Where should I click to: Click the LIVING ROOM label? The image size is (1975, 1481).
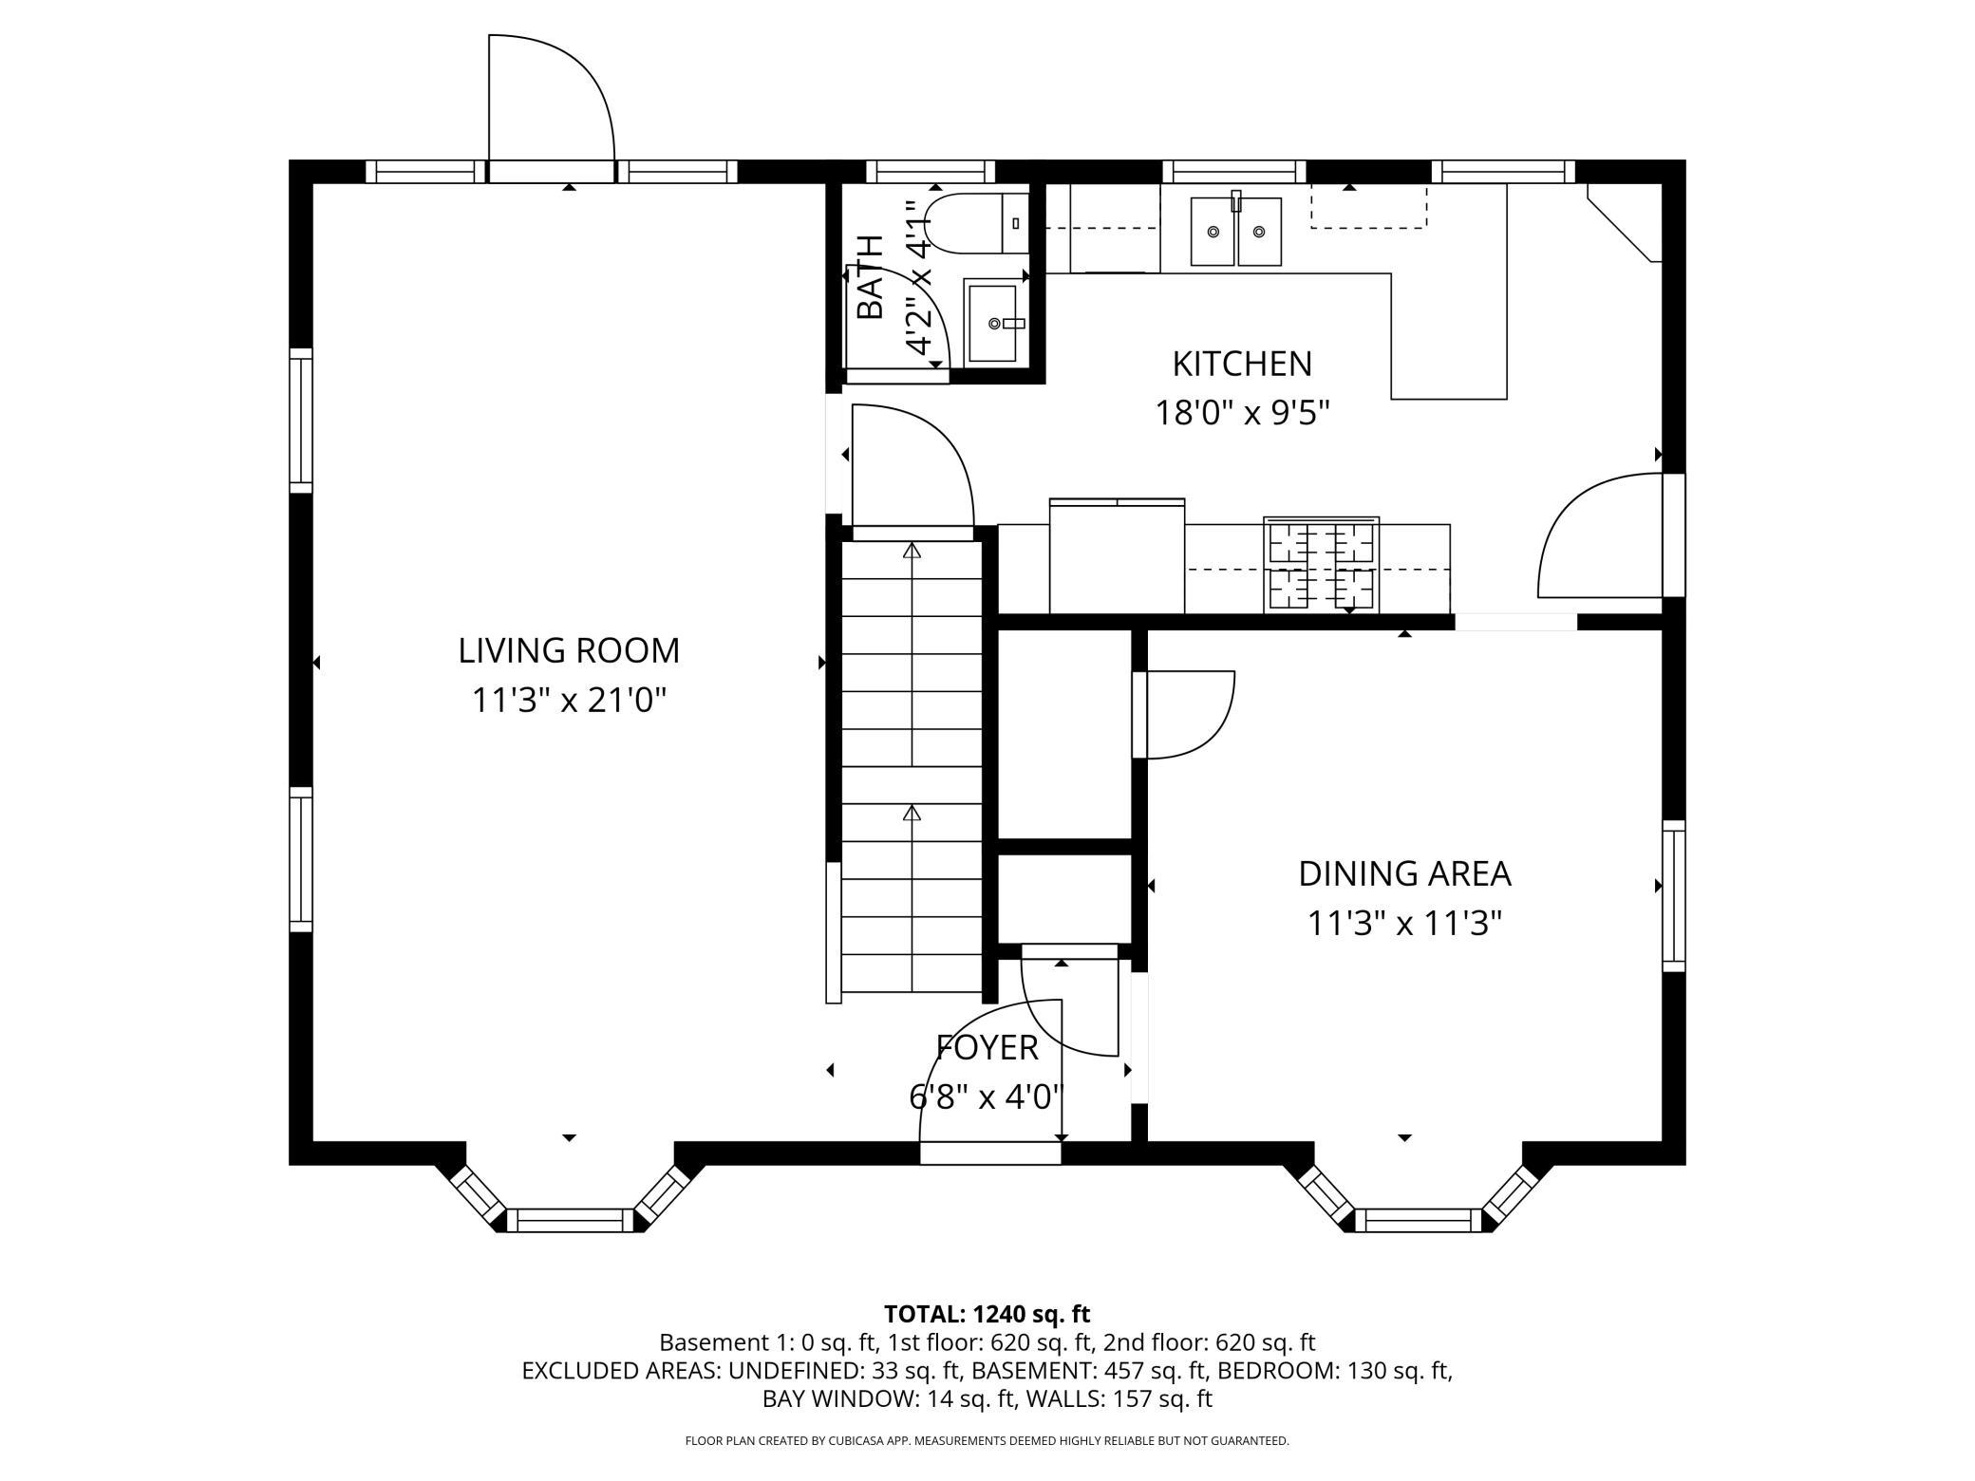[569, 651]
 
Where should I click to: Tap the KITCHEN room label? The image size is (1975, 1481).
[1242, 364]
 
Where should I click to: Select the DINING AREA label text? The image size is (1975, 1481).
[1404, 873]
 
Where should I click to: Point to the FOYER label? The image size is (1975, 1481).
[987, 1047]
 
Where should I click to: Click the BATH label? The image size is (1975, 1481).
[870, 276]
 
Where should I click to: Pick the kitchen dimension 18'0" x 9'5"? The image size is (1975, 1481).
[1242, 414]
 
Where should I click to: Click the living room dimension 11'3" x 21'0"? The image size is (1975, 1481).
[569, 702]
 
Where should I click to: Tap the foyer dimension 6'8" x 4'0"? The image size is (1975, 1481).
[987, 1097]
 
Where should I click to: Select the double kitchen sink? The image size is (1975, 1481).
[1236, 231]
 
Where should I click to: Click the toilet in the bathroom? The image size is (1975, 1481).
[976, 223]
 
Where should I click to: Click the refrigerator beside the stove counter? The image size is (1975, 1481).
[1117, 556]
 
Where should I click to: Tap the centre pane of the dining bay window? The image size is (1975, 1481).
[1418, 1220]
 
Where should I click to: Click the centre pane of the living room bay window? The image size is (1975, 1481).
[570, 1220]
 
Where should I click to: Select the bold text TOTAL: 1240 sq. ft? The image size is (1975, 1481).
[987, 1314]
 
